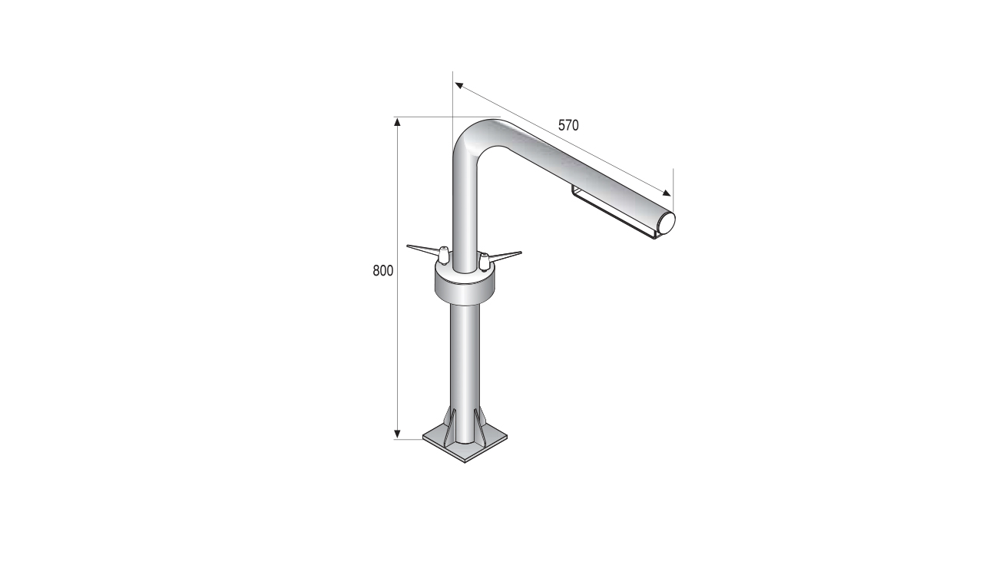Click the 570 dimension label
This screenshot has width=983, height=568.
(x=568, y=125)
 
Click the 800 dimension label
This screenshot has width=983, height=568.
(x=383, y=271)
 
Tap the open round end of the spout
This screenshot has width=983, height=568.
(x=666, y=223)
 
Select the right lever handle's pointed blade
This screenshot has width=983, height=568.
(x=505, y=255)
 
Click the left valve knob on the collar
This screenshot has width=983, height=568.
(x=444, y=256)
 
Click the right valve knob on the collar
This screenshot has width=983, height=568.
(x=484, y=262)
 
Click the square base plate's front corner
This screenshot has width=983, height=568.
(x=465, y=463)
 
